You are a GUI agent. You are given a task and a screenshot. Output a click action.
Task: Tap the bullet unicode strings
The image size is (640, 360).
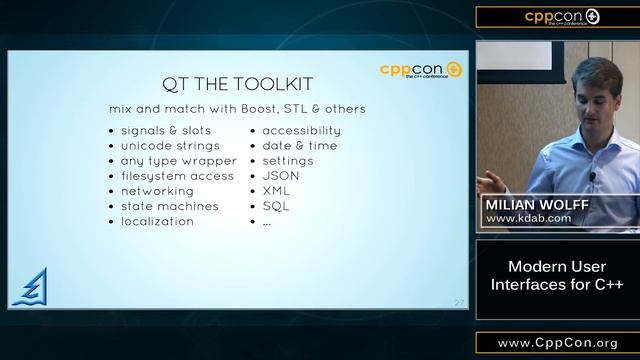(170, 145)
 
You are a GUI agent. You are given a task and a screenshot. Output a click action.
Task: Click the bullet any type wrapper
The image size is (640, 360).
(178, 160)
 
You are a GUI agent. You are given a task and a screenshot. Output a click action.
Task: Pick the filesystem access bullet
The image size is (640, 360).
(178, 176)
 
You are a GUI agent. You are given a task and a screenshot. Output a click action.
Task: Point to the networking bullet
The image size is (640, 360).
(157, 191)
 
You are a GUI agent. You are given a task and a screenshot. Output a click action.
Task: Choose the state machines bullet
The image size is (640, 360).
(169, 206)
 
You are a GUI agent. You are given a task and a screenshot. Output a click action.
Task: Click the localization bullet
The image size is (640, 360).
(157, 221)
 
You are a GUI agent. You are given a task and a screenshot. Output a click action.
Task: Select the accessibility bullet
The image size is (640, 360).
(301, 130)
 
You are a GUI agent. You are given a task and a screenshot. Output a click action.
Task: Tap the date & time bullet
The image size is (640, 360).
(299, 145)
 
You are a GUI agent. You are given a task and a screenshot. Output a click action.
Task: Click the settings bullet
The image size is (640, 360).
(287, 160)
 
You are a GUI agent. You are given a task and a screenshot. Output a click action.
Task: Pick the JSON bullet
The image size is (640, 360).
(281, 176)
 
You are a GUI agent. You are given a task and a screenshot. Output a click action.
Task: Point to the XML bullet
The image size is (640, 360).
(277, 191)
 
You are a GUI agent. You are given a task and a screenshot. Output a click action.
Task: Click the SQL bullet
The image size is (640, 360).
(276, 206)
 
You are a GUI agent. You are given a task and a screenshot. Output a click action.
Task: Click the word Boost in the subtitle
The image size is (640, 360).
(250, 108)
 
